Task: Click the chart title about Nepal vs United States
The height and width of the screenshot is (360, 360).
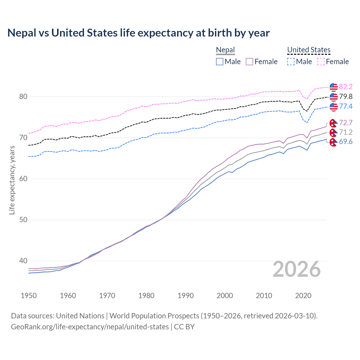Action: click(x=138, y=33)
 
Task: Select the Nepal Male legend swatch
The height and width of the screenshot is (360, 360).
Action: click(x=220, y=62)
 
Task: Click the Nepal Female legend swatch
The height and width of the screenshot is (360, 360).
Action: click(x=249, y=62)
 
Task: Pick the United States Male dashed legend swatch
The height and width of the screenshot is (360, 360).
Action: click(x=291, y=62)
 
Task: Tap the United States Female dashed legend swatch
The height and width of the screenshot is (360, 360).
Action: click(x=321, y=62)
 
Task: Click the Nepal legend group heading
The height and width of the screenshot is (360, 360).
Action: click(x=225, y=50)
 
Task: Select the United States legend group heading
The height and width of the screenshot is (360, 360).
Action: click(x=309, y=50)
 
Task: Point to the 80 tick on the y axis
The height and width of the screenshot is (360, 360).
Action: click(x=23, y=97)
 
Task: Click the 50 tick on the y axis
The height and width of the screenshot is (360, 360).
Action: click(x=23, y=220)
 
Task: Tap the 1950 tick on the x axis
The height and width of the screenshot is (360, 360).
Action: click(x=29, y=296)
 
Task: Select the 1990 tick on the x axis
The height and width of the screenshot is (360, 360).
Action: click(x=186, y=296)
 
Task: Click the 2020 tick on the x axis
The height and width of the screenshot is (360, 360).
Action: click(x=303, y=296)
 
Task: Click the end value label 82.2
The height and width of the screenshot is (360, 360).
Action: click(x=346, y=87)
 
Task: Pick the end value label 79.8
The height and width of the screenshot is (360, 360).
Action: click(x=346, y=97)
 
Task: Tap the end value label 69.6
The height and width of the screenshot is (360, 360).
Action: click(x=346, y=142)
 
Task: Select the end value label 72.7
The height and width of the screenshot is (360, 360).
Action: click(x=346, y=123)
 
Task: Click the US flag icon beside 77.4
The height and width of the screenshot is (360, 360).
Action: click(x=334, y=107)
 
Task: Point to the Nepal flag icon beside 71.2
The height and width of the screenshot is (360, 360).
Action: click(x=333, y=132)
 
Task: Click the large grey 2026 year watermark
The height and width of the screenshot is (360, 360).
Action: click(x=297, y=269)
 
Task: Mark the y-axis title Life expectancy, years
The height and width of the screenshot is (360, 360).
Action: click(x=12, y=180)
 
